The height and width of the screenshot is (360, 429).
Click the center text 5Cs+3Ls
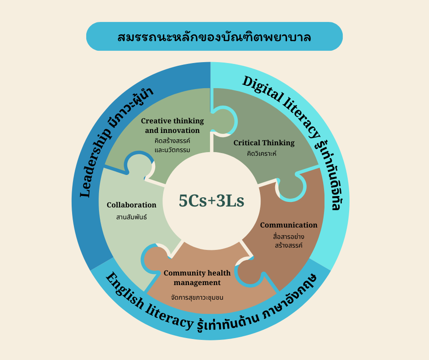click(x=211, y=201)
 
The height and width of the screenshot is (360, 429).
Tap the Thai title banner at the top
click(x=214, y=37)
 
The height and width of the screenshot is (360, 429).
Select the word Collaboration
click(x=131, y=205)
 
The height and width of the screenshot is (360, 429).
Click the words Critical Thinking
click(x=264, y=143)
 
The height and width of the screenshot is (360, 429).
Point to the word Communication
click(x=288, y=225)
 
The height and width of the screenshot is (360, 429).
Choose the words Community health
click(x=197, y=273)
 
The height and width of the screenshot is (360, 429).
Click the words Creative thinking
click(x=173, y=121)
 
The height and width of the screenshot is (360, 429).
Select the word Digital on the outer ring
click(x=263, y=89)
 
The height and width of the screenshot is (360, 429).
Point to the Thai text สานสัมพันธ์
click(x=131, y=217)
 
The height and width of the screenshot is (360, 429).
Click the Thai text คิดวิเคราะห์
click(x=262, y=154)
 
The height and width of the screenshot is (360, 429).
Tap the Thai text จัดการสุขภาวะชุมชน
click(x=197, y=297)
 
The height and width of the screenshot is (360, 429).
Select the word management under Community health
click(x=197, y=283)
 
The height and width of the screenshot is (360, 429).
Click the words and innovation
click(x=173, y=130)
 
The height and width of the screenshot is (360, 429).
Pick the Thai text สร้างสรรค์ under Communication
click(x=288, y=245)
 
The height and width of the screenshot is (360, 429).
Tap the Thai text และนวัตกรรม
click(x=173, y=150)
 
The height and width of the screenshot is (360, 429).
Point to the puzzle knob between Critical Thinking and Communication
click(x=291, y=186)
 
